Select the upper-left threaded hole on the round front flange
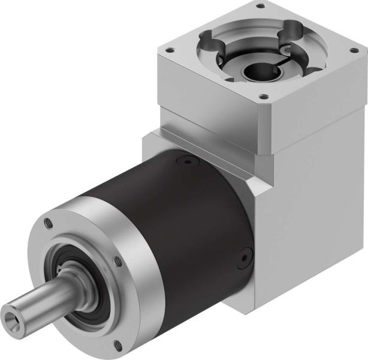click(x=50, y=223)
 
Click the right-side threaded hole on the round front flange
click(x=117, y=261)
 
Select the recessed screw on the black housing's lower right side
click(x=243, y=259)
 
